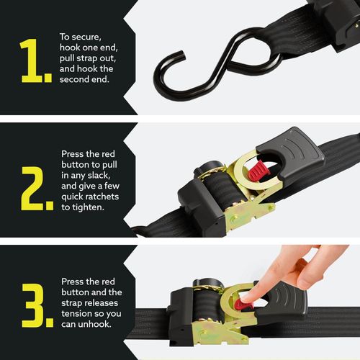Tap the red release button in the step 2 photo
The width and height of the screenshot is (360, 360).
[257, 173]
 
